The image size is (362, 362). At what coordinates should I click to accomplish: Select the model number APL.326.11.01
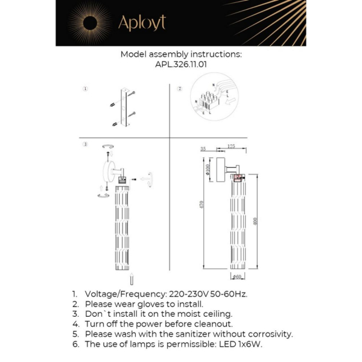(181, 65)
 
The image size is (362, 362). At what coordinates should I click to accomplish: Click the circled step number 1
(86, 89)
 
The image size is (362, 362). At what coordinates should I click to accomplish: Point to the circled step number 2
(179, 89)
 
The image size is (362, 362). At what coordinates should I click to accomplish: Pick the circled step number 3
(86, 145)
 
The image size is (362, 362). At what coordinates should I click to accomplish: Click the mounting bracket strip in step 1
(126, 108)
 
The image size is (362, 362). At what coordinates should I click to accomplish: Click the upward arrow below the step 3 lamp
(132, 279)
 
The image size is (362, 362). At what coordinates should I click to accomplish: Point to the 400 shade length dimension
(256, 222)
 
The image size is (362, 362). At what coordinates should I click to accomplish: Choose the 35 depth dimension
(203, 148)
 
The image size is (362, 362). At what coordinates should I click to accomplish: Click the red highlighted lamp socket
(239, 177)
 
